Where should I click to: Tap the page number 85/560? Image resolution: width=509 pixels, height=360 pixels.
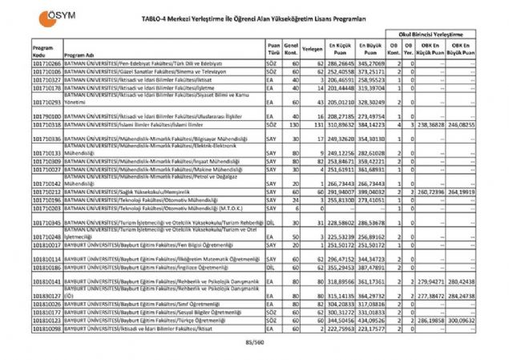254,342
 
